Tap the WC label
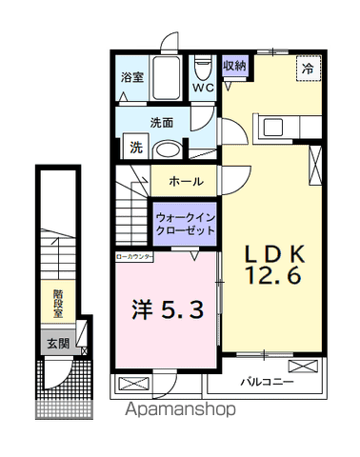(x=202, y=89)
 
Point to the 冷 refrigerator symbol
(x=307, y=69)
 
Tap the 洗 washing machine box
(x=134, y=148)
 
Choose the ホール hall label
(x=185, y=180)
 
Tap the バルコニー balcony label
(x=265, y=381)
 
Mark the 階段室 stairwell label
(x=58, y=303)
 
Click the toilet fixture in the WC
(x=202, y=69)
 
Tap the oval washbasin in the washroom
(x=168, y=149)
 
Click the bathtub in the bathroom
(x=160, y=74)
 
